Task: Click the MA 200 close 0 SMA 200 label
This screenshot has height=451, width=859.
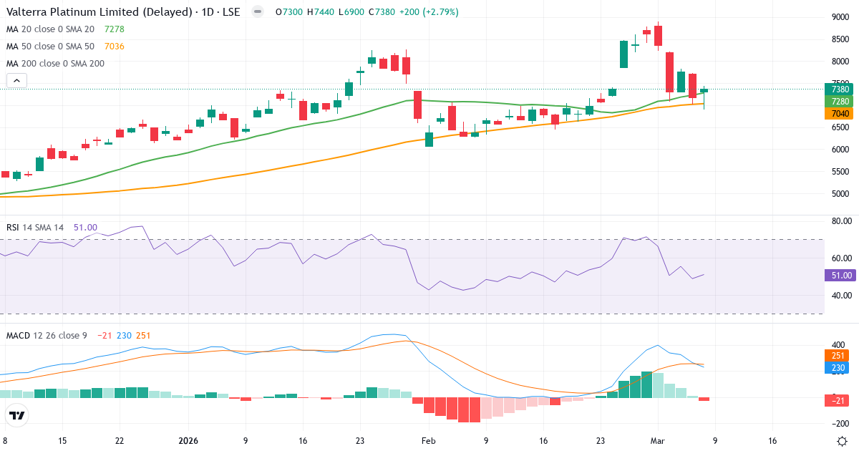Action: [x=55, y=63]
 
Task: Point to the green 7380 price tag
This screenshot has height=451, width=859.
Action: [x=840, y=89]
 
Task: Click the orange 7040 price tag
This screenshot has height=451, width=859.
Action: [x=840, y=113]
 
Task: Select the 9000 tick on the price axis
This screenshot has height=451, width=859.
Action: [x=840, y=17]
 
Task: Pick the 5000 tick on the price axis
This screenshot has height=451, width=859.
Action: [x=840, y=193]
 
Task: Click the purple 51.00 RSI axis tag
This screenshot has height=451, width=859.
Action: [x=840, y=275]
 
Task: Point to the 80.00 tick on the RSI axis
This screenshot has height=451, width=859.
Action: [x=841, y=221]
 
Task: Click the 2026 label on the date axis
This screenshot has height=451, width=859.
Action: [x=188, y=441]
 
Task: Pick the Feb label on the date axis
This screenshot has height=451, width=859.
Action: [x=428, y=441]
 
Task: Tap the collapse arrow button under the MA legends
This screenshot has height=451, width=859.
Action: [x=16, y=81]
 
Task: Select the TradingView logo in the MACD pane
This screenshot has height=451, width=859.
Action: [x=17, y=415]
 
